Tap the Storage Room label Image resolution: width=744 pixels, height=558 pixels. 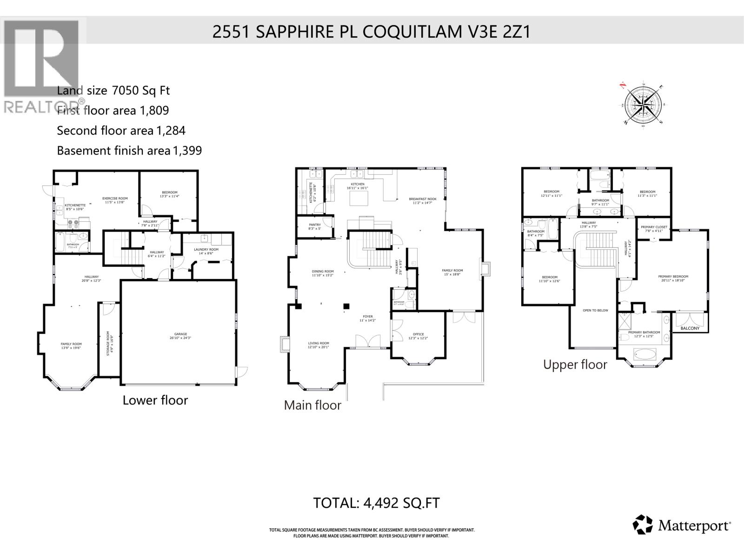click(108, 344)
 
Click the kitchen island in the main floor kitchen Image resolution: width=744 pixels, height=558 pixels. click(359, 198)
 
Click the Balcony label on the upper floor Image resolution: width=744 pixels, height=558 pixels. click(690, 328)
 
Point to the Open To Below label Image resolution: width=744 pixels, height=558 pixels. click(596, 310)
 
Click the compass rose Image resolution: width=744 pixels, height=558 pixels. click(643, 106)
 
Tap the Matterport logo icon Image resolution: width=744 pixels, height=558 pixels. click(643, 525)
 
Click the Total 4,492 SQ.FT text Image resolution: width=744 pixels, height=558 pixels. click(376, 503)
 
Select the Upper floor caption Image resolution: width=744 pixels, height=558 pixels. click(575, 365)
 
